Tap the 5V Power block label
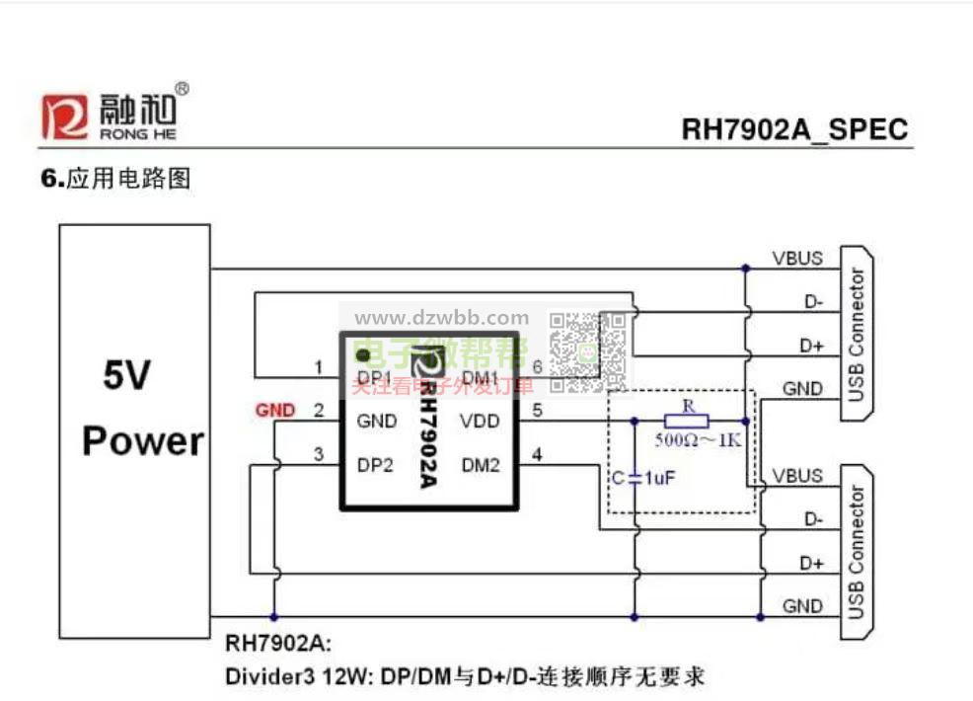142,410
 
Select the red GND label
274,410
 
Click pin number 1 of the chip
318,368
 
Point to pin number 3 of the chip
318,454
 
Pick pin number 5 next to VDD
537,411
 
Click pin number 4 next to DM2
537,454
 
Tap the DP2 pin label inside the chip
376,465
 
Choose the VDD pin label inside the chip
480,422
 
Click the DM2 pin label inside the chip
481,465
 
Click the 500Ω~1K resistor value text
698,440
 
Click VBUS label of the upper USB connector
797,259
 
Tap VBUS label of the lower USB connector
797,476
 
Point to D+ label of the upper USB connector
811,347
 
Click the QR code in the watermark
588,352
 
